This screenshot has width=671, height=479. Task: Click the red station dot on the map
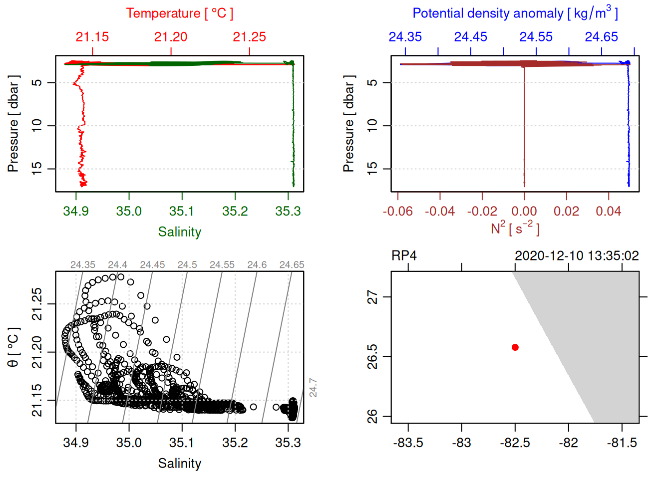pyautogui.click(x=515, y=347)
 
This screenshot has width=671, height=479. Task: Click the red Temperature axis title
pyautogui.click(x=179, y=13)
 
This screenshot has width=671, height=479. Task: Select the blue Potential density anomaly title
pyautogui.click(x=515, y=13)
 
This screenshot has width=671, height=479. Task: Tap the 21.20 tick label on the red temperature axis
pyautogui.click(x=171, y=37)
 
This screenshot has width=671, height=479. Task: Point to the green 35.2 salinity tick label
pyautogui.click(x=235, y=212)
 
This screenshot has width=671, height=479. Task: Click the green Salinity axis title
pyautogui.click(x=179, y=232)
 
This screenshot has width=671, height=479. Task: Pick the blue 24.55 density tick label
pyautogui.click(x=536, y=37)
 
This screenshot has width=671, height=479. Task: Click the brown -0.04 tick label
pyautogui.click(x=440, y=212)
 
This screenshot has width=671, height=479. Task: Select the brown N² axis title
pyautogui.click(x=515, y=229)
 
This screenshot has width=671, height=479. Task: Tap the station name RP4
pyautogui.click(x=404, y=256)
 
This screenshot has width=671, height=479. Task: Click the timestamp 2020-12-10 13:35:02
pyautogui.click(x=577, y=256)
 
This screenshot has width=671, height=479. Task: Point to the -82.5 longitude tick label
pyautogui.click(x=515, y=443)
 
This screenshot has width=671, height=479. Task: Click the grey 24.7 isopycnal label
pyautogui.click(x=313, y=387)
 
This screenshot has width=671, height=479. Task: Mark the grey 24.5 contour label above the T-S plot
pyautogui.click(x=187, y=265)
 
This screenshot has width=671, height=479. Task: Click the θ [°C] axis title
pyautogui.click(x=13, y=347)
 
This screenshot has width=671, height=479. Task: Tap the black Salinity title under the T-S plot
pyautogui.click(x=179, y=464)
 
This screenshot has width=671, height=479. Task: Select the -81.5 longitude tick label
pyautogui.click(x=622, y=443)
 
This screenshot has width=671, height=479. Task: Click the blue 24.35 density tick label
pyautogui.click(x=405, y=37)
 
